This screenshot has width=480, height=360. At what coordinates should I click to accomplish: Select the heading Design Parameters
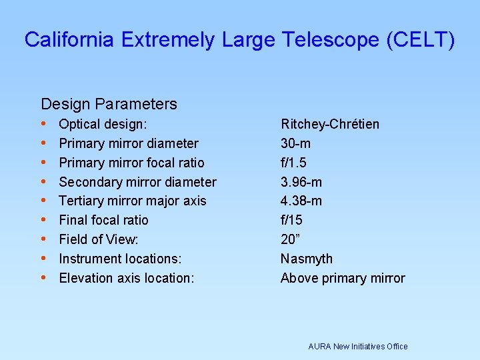click(109, 104)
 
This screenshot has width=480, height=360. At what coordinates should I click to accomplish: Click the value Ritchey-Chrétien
click(330, 124)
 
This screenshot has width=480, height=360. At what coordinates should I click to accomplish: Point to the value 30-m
click(295, 143)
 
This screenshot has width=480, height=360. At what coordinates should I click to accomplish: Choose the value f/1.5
click(293, 163)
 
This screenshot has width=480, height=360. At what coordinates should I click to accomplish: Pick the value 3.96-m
click(301, 182)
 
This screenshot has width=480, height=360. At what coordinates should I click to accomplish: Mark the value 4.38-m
click(301, 201)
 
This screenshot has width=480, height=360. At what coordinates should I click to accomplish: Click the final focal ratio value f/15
click(291, 220)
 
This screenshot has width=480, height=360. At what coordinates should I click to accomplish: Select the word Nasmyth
click(306, 259)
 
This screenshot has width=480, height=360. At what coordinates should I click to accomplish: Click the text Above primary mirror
click(343, 278)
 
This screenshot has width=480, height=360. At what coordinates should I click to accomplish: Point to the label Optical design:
click(103, 124)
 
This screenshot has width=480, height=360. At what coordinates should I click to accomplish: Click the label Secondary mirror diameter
click(137, 182)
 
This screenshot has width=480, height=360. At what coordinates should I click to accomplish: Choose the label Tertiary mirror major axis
click(133, 201)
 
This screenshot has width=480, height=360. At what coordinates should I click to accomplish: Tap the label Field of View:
click(99, 239)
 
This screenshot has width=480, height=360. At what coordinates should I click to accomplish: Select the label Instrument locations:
click(120, 259)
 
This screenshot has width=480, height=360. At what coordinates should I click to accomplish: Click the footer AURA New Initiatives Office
click(357, 346)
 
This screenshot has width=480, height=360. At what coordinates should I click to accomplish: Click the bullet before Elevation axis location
click(43, 278)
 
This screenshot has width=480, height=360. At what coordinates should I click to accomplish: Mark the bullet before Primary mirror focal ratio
click(43, 163)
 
